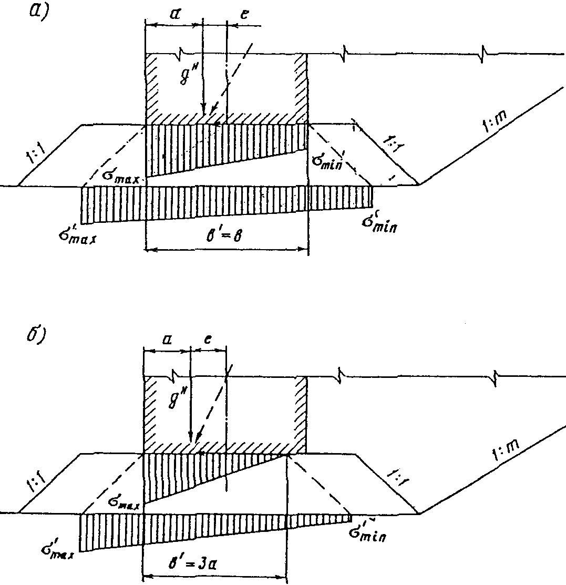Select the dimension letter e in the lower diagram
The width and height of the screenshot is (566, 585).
tap(208, 340)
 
